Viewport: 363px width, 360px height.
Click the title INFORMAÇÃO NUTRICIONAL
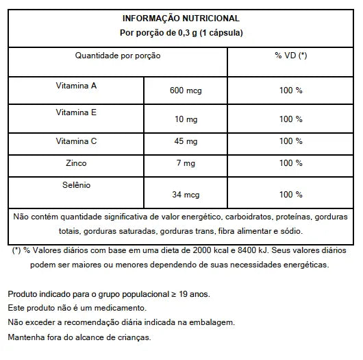click(x=180, y=19)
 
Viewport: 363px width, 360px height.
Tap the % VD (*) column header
click(x=290, y=55)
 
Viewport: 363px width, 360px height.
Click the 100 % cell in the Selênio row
click(x=290, y=195)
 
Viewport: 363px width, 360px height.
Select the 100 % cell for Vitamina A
click(x=290, y=91)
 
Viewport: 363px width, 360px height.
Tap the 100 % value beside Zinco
click(x=290, y=164)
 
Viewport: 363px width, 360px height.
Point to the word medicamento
click(x=124, y=308)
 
